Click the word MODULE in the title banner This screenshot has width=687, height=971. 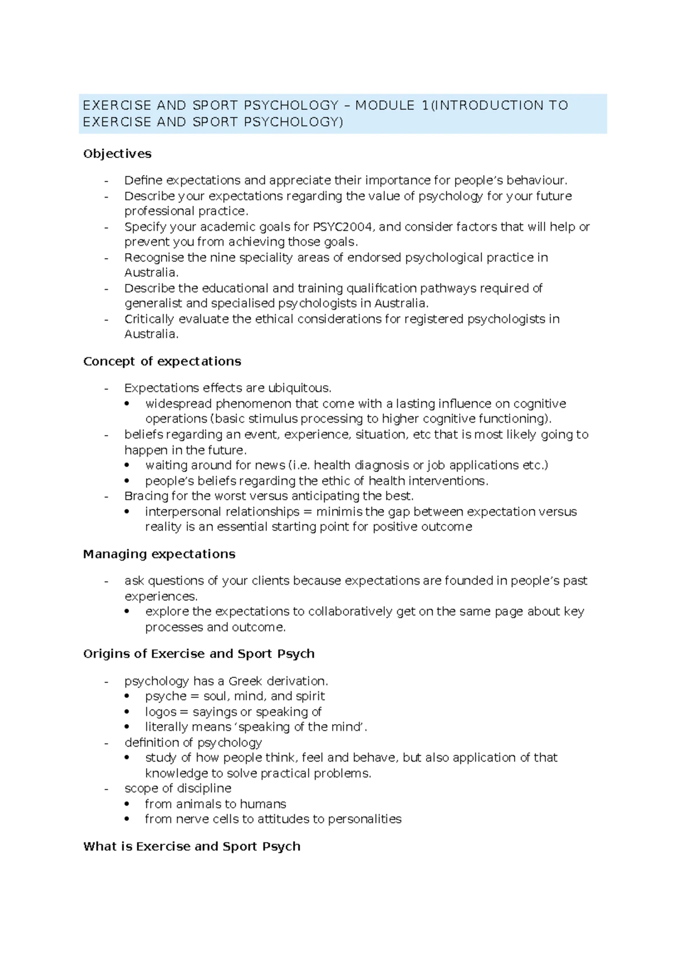[x=385, y=105]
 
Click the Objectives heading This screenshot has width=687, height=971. [x=117, y=153]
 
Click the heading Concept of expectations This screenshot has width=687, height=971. [x=162, y=361]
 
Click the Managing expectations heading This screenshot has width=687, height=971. [x=159, y=554]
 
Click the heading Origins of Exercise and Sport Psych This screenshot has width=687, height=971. [x=199, y=654]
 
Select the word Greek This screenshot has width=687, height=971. [x=245, y=681]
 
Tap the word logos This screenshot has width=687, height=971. [x=161, y=712]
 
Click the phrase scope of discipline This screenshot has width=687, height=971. [x=178, y=788]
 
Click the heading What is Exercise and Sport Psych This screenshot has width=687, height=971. [x=192, y=846]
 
